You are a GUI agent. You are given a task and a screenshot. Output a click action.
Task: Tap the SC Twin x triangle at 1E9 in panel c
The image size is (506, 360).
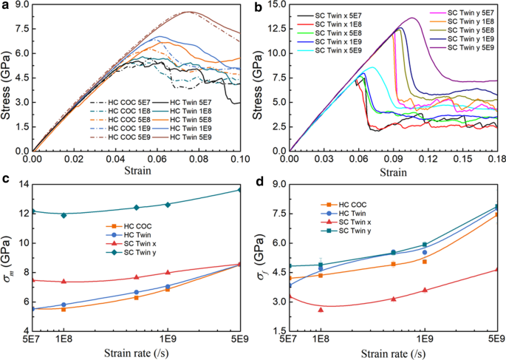[x=168, y=273]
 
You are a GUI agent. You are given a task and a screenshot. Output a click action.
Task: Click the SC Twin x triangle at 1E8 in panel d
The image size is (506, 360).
[x=321, y=310]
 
